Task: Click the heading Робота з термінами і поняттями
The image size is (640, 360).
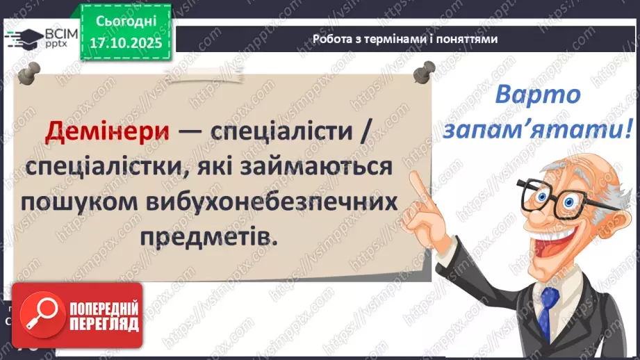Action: (405, 40)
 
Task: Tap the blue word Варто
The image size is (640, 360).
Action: (537, 95)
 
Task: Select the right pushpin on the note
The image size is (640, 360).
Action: (422, 72)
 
